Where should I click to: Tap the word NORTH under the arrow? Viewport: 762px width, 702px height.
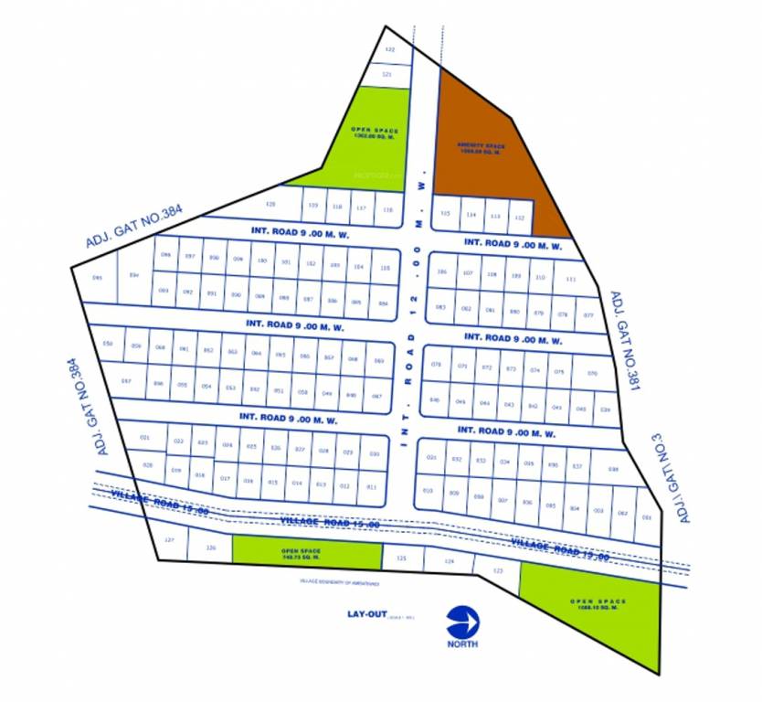point(463,643)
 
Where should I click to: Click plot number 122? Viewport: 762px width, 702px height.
point(390,49)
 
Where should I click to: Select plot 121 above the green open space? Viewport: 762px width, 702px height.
point(386,74)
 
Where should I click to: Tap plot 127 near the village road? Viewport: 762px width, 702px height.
point(169,540)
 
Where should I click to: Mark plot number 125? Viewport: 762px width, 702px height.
point(400,557)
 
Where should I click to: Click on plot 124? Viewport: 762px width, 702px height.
point(448,562)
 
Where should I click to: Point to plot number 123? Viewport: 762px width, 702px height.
point(497,571)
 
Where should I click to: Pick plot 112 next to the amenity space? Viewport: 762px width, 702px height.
point(519,217)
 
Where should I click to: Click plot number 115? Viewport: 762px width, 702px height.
point(445,213)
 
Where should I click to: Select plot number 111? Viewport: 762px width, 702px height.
point(571,279)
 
